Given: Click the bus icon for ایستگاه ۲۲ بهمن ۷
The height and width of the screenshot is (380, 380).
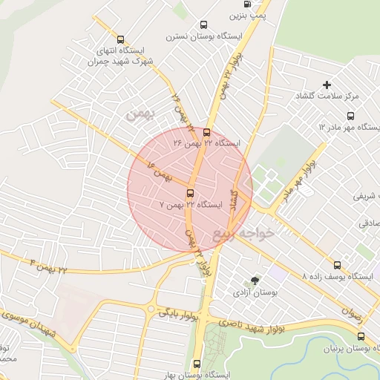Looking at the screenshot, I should tap(190, 192).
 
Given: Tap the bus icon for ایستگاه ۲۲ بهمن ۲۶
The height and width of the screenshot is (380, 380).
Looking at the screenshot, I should tap(206, 134).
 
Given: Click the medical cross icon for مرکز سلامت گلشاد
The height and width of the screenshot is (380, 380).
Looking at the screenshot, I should tap(327, 85).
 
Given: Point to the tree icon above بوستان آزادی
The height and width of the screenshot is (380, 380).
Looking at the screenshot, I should tap(255, 281).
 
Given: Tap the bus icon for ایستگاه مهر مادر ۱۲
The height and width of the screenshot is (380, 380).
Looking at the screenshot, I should tap(351, 117).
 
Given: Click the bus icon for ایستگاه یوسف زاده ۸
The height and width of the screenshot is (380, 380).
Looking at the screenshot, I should tap(338, 265).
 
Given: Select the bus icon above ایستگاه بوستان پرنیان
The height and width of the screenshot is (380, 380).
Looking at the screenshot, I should tap(361, 336).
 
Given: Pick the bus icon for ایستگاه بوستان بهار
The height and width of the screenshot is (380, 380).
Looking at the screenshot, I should tap(197, 364).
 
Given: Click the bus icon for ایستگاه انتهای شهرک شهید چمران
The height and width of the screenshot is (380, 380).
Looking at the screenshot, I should tap(122, 40).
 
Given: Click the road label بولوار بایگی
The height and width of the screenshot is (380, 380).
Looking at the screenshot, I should tap(177, 314).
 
